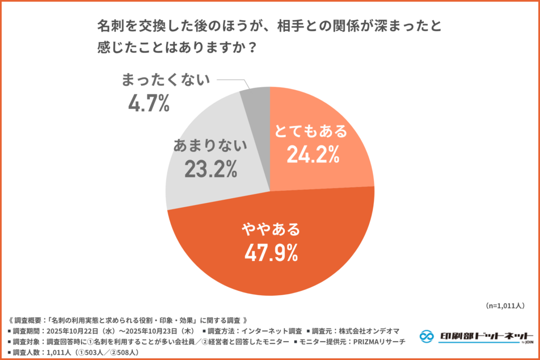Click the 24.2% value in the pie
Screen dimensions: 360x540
pyautogui.click(x=312, y=154)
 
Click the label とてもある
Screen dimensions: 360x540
pyautogui.click(x=312, y=131)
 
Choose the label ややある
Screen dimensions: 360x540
pyautogui.click(x=271, y=229)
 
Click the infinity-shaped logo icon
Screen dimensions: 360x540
pyautogui.click(x=428, y=336)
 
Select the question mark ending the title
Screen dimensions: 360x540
pyautogui.click(x=252, y=47)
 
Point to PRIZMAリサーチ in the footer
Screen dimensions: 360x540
pyautogui.click(x=379, y=342)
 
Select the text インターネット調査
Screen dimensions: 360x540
pyautogui.click(x=272, y=331)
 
